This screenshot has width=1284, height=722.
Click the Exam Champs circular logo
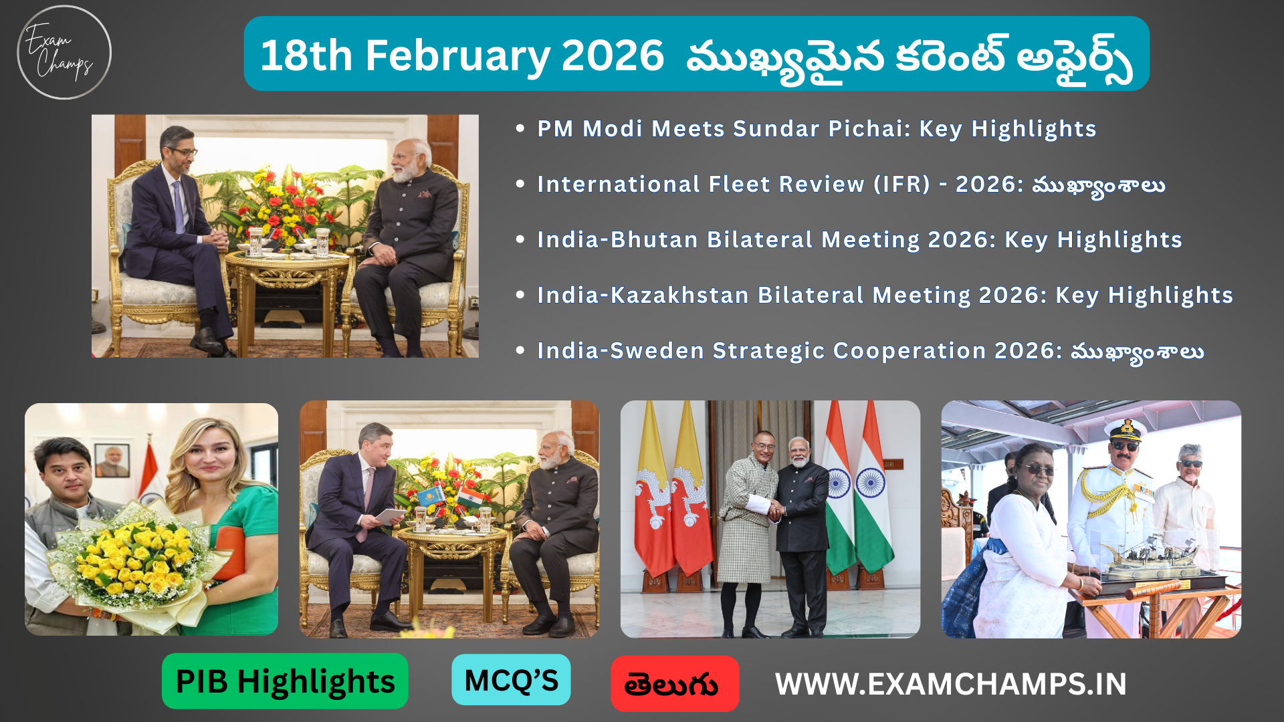click(x=64, y=52)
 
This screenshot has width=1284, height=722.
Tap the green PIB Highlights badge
click(x=285, y=681)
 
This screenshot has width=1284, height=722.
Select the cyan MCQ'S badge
click(x=511, y=680)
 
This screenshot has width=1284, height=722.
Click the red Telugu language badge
click(x=674, y=684)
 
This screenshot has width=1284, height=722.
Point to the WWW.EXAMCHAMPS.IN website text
click(x=950, y=684)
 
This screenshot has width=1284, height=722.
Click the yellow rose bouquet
click(x=134, y=562)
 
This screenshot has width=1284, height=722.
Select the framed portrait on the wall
click(x=112, y=460)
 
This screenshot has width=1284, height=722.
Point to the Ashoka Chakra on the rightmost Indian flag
click(x=871, y=483)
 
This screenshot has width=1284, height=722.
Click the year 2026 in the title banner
click(x=613, y=55)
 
